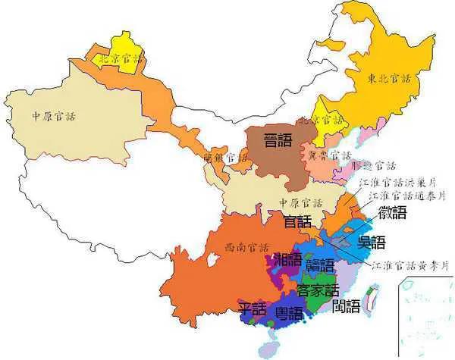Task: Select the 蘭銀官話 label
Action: tap(226, 158)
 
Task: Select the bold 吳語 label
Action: tap(372, 243)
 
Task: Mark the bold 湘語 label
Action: tap(287, 259)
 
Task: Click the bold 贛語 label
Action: tap(321, 265)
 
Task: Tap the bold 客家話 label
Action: tap(318, 290)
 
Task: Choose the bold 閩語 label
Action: tap(347, 306)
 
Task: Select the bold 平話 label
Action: tap(253, 309)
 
